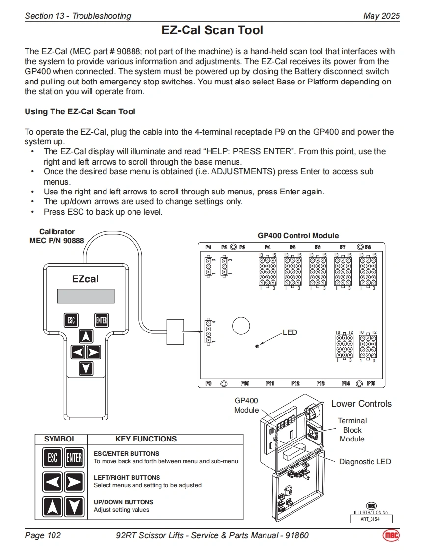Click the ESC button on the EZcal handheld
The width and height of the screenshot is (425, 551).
click(71, 320)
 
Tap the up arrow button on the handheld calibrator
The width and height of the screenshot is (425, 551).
click(86, 336)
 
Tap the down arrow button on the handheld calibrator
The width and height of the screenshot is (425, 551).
click(86, 368)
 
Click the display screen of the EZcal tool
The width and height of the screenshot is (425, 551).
click(86, 296)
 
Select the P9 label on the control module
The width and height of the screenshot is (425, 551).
click(208, 384)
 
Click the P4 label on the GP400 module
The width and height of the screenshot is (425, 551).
click(267, 247)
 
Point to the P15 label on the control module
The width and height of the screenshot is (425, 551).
click(371, 384)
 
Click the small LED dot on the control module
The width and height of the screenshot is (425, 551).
click(258, 347)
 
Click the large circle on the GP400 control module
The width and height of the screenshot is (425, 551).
click(241, 325)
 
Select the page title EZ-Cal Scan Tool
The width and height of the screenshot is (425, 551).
click(212, 30)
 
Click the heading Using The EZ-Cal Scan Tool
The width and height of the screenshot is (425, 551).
click(80, 112)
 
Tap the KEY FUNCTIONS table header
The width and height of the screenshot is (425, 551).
click(146, 439)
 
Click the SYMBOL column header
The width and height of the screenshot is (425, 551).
click(60, 439)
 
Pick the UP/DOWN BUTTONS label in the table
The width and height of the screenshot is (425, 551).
click(123, 502)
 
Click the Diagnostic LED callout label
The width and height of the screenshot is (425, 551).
click(365, 462)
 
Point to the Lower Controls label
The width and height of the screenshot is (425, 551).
click(361, 404)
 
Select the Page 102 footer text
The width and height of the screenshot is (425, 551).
click(43, 535)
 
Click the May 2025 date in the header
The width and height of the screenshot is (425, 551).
click(381, 16)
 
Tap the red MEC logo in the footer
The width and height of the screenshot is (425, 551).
click(391, 535)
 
